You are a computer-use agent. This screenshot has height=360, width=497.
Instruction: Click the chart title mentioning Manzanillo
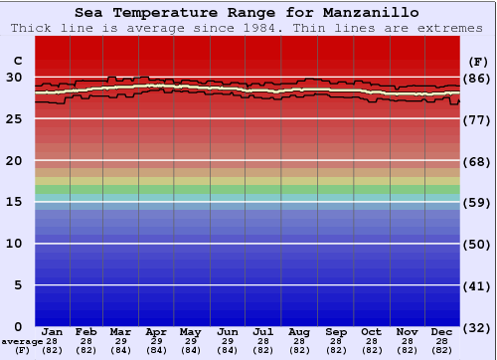(x=247, y=13)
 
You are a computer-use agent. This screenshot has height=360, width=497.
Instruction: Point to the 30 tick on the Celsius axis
(x=14, y=78)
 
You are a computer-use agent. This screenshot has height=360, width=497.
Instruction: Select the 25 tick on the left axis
(x=14, y=119)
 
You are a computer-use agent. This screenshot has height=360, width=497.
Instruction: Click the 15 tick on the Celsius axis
(x=14, y=202)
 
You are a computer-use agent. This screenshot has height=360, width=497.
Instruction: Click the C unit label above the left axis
(x=17, y=60)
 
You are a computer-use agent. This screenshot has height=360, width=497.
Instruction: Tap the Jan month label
(x=53, y=331)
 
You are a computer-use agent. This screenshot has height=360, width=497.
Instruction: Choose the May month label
(x=191, y=331)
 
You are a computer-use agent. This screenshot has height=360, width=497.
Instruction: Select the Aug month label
(x=299, y=331)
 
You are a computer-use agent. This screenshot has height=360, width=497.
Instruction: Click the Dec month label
(x=442, y=331)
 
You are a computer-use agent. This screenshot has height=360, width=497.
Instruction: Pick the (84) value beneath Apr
(x=156, y=350)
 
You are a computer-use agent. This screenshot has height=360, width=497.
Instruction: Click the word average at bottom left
(x=22, y=341)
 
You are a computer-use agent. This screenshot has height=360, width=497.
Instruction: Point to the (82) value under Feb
(x=86, y=350)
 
